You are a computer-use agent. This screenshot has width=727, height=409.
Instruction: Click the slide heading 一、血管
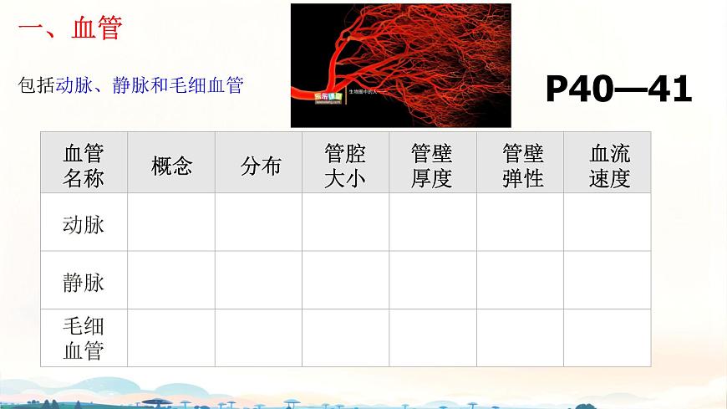[x=70, y=28]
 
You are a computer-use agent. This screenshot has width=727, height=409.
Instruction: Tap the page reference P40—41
[x=618, y=89]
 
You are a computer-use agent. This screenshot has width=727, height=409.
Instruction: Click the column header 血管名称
[x=84, y=165]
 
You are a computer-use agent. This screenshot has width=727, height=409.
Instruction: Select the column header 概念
[x=172, y=166]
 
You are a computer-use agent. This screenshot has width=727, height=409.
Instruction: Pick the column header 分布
[x=261, y=166]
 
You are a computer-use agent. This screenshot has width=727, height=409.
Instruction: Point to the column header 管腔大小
[x=345, y=165]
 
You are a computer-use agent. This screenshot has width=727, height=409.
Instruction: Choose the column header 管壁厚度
[x=431, y=165]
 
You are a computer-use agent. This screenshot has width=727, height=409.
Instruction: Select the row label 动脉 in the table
[x=84, y=223]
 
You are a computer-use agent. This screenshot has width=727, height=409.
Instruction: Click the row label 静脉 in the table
[x=84, y=282]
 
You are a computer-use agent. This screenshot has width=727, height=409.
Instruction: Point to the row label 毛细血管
[x=84, y=338]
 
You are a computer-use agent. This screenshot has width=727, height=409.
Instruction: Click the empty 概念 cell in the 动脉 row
[x=171, y=222]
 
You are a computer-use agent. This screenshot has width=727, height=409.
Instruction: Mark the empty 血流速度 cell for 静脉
[x=608, y=280]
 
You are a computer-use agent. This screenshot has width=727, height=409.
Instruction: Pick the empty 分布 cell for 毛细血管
[x=259, y=338]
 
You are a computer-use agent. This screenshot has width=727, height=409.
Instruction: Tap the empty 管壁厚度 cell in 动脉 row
[x=433, y=222]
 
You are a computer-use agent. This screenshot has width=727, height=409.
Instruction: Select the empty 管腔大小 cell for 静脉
[x=345, y=280]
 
